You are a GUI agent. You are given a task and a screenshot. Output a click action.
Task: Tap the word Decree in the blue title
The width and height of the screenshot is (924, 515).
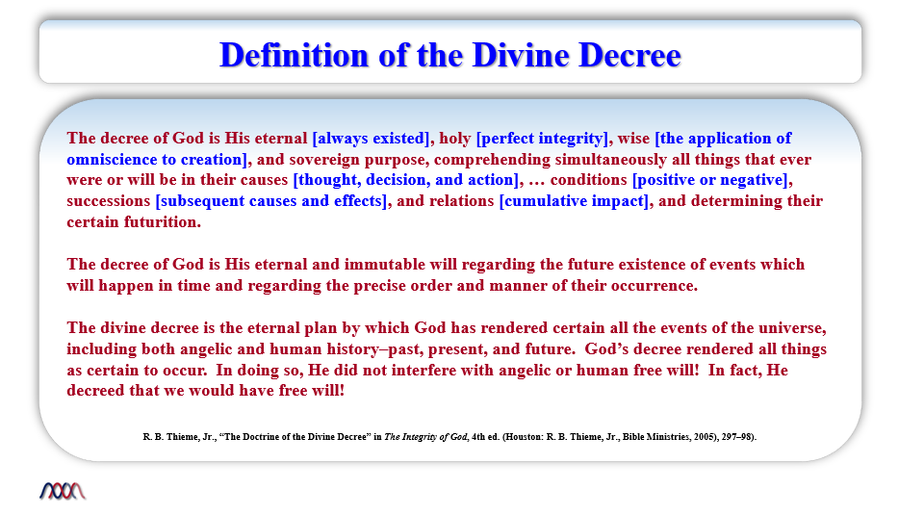[629, 56]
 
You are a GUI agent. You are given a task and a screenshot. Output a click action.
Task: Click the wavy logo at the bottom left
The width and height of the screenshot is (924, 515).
[63, 491]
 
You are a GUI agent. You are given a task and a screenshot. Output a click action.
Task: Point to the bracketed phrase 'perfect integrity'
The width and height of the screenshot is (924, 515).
[542, 139]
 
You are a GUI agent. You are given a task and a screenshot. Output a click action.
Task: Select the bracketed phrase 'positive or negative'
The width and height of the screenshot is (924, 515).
[710, 180]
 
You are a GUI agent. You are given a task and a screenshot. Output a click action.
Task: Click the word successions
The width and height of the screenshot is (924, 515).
[109, 201]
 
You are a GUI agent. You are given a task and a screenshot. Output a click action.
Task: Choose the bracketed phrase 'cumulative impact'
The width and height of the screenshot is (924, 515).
[574, 201]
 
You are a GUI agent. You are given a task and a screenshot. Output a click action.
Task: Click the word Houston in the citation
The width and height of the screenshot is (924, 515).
[524, 437]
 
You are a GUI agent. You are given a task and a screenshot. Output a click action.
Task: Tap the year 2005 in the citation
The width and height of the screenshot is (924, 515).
[705, 437]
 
